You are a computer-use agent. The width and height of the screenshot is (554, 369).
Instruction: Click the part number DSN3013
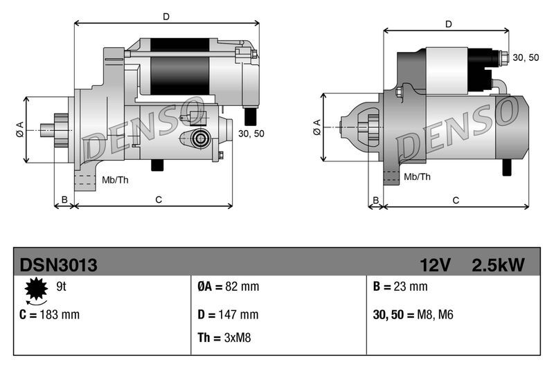pyautogui.click(x=58, y=265)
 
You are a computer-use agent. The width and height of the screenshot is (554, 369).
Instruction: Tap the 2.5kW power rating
pyautogui.click(x=497, y=265)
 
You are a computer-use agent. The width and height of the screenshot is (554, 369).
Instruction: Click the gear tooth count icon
pyautogui.click(x=35, y=290)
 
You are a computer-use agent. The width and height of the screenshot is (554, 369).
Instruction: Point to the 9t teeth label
pyautogui.click(x=60, y=286)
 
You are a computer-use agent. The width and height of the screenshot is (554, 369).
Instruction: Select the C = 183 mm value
pyautogui.click(x=49, y=314)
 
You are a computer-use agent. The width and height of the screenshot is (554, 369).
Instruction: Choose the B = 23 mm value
pyautogui.click(x=400, y=287)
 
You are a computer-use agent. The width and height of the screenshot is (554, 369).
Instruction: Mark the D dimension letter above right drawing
pyautogui.click(x=449, y=24)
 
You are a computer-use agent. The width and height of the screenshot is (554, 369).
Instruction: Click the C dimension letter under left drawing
pyautogui.click(x=158, y=199)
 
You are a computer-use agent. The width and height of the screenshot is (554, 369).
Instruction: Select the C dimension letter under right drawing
pyautogui.click(x=456, y=200)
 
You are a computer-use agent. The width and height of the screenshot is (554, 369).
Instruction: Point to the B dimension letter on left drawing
pyautogui.click(x=64, y=199)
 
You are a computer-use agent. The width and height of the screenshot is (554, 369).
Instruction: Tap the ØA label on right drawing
pyautogui.click(x=316, y=126)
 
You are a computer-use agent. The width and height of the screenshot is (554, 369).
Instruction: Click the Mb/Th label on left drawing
pyautogui.click(x=114, y=180)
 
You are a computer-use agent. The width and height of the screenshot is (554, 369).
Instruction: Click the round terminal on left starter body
pyautogui.click(x=200, y=138)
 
